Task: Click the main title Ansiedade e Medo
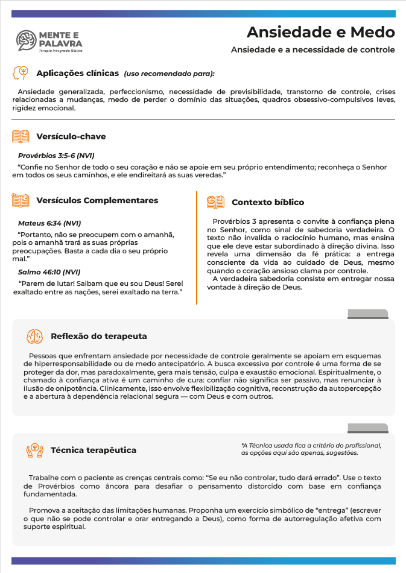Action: (321, 32)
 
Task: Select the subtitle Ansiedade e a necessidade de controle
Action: (312, 49)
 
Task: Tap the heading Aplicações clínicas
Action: (77, 74)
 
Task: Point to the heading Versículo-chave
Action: (71, 137)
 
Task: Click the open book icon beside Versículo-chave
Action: (21, 137)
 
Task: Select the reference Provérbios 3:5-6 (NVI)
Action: (56, 156)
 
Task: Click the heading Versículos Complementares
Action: (97, 200)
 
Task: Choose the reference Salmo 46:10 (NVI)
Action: (49, 272)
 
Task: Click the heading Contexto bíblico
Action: (268, 202)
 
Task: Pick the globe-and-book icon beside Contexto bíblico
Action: (215, 202)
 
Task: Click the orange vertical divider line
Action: (197, 247)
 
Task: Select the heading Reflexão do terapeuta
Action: (99, 336)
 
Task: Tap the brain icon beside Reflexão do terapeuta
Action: (34, 336)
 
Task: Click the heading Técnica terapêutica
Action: (94, 450)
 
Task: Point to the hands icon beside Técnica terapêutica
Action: (34, 450)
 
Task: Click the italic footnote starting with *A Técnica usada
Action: (311, 449)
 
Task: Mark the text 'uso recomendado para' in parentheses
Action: (169, 74)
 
